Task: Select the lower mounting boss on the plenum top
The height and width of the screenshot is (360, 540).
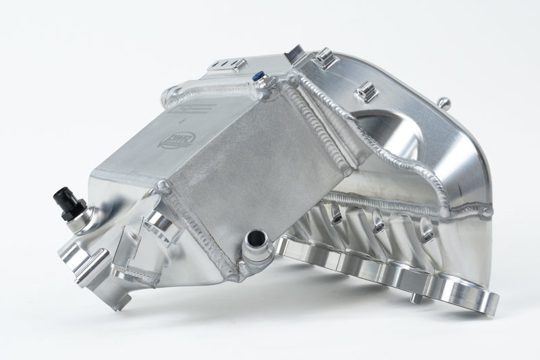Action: pos(364,90)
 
